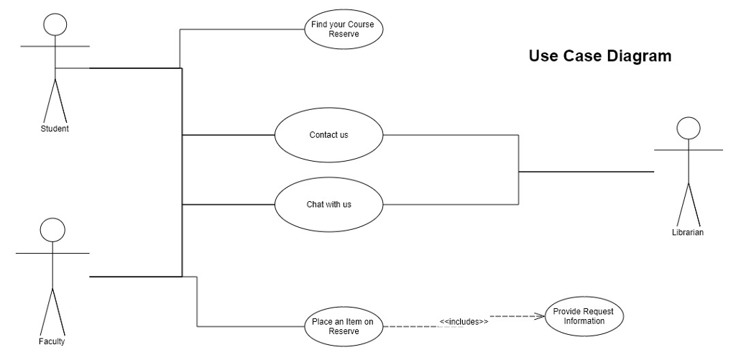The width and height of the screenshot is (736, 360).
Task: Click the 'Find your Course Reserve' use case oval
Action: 344,29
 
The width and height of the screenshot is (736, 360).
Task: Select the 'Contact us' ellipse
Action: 328,134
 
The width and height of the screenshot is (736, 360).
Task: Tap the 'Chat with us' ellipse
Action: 328,204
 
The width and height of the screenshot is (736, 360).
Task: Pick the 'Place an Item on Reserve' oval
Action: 344,326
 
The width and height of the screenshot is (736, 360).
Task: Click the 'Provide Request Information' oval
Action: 584,316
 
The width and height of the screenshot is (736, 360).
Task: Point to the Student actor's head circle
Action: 55,25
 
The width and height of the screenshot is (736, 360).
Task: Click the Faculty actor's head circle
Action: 52,230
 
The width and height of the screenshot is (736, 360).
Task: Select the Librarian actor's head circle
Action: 689,128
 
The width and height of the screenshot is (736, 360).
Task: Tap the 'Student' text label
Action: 55,129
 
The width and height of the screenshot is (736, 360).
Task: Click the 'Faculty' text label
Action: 52,341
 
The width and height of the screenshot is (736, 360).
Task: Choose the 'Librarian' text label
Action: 688,232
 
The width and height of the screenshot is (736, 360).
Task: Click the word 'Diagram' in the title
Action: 637,56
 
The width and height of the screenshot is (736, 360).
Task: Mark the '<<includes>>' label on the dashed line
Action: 464,321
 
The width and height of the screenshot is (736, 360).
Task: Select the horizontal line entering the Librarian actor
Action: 586,172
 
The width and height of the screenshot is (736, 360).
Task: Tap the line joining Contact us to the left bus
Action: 229,134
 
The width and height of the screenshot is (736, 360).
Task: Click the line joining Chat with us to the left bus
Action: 229,205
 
